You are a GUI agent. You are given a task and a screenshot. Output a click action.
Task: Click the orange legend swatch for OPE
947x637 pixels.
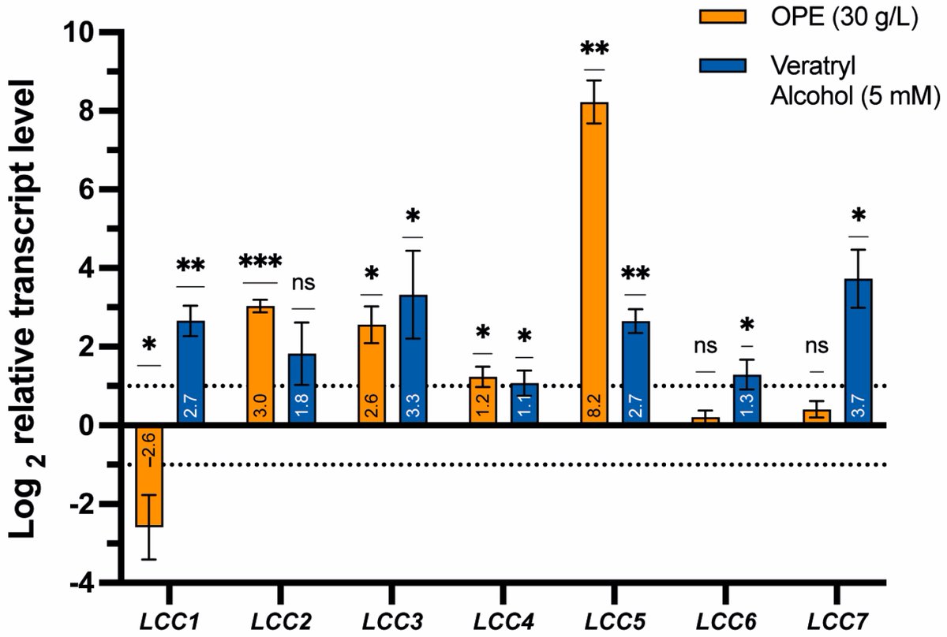[x=723, y=17]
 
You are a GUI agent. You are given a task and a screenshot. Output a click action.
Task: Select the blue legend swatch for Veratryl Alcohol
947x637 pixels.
[x=723, y=66]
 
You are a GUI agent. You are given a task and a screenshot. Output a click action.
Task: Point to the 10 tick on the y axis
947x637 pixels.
[x=80, y=33]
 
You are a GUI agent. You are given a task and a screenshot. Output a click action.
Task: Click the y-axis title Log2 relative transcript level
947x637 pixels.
[x=30, y=307]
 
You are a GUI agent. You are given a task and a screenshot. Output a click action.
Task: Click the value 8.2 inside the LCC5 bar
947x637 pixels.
[x=594, y=410]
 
